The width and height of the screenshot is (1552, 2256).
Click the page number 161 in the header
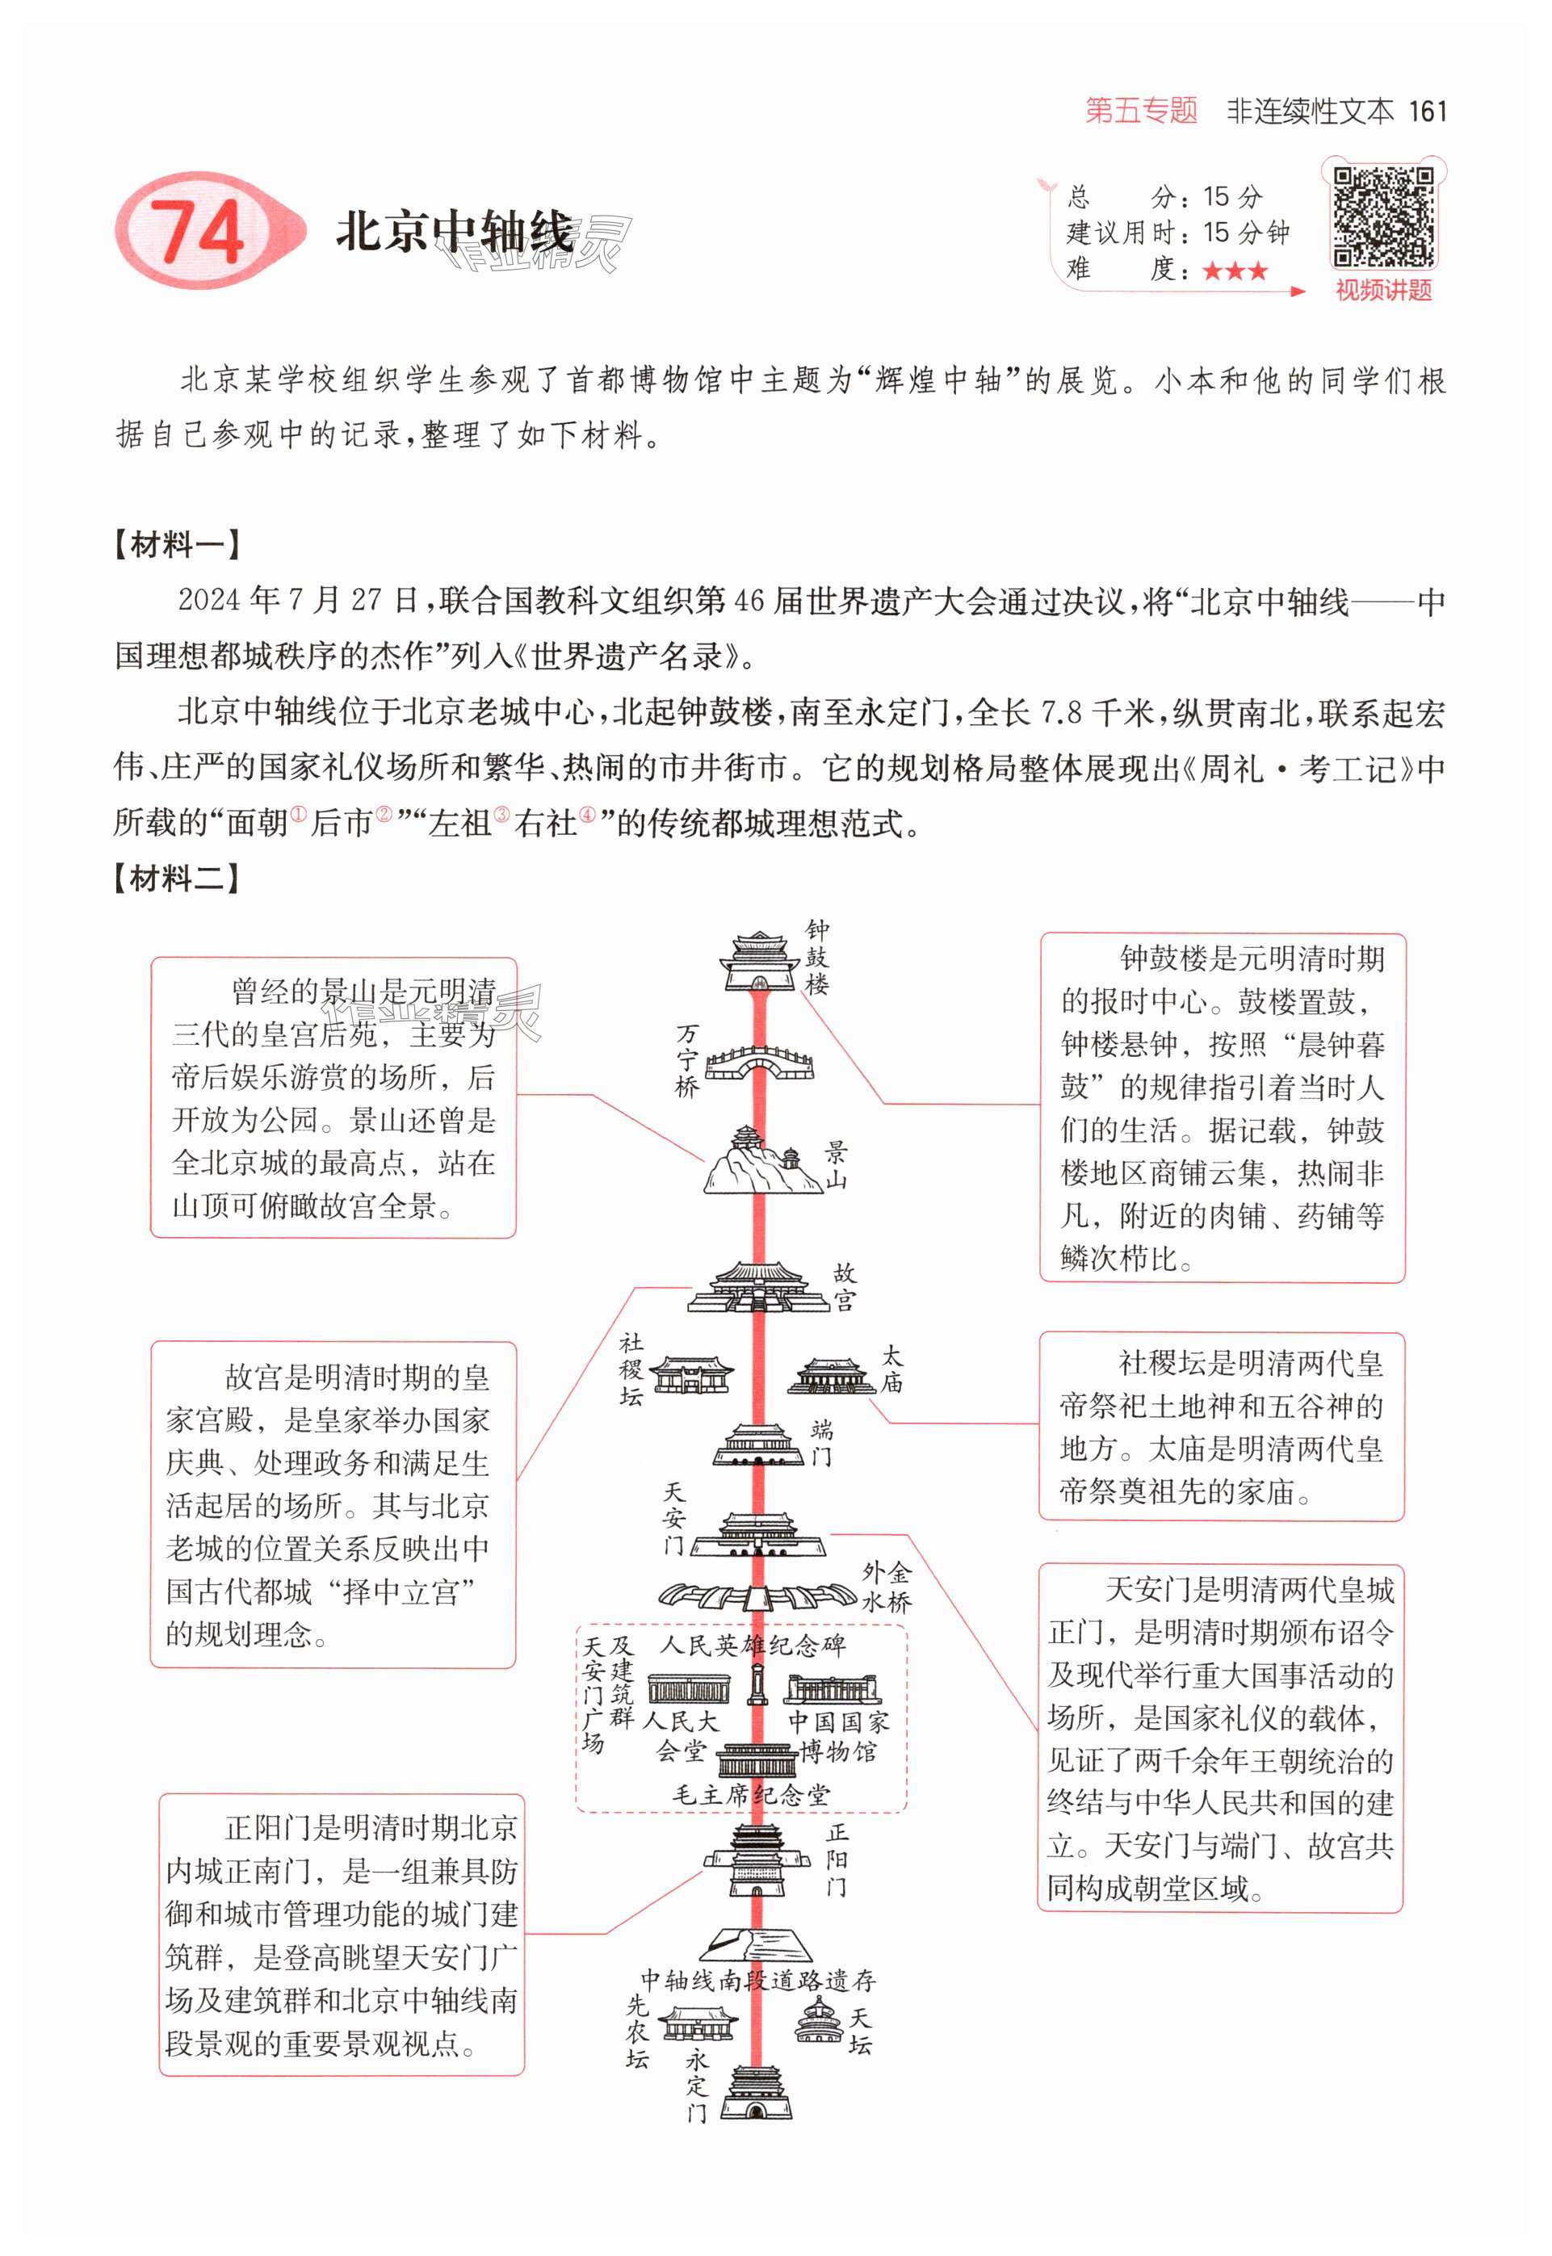(x=1428, y=111)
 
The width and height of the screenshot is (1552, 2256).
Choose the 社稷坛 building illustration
(x=690, y=1376)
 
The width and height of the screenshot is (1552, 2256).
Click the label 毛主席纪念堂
(x=751, y=1794)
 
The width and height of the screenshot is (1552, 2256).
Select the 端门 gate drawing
(x=758, y=1445)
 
